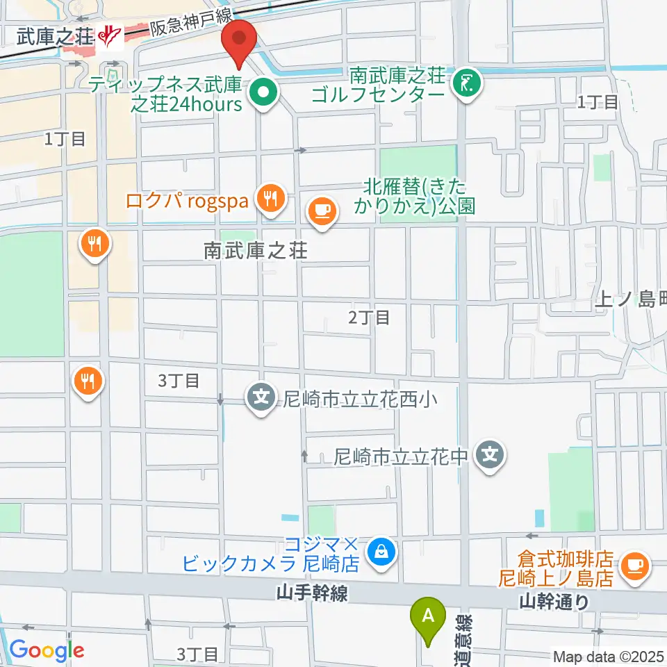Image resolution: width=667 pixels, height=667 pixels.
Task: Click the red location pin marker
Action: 239,41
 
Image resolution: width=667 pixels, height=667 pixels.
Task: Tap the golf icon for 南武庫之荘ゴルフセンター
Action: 466,83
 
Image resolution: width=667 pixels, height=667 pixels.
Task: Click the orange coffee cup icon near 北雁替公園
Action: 321,209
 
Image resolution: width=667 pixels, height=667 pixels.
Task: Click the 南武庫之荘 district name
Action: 255,251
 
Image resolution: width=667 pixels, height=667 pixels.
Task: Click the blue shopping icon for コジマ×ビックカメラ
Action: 380,553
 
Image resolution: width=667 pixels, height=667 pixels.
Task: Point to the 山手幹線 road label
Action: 311,593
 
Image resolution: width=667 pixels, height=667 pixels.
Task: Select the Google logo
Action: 47,650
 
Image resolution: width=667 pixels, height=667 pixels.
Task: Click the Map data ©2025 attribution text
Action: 608,655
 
